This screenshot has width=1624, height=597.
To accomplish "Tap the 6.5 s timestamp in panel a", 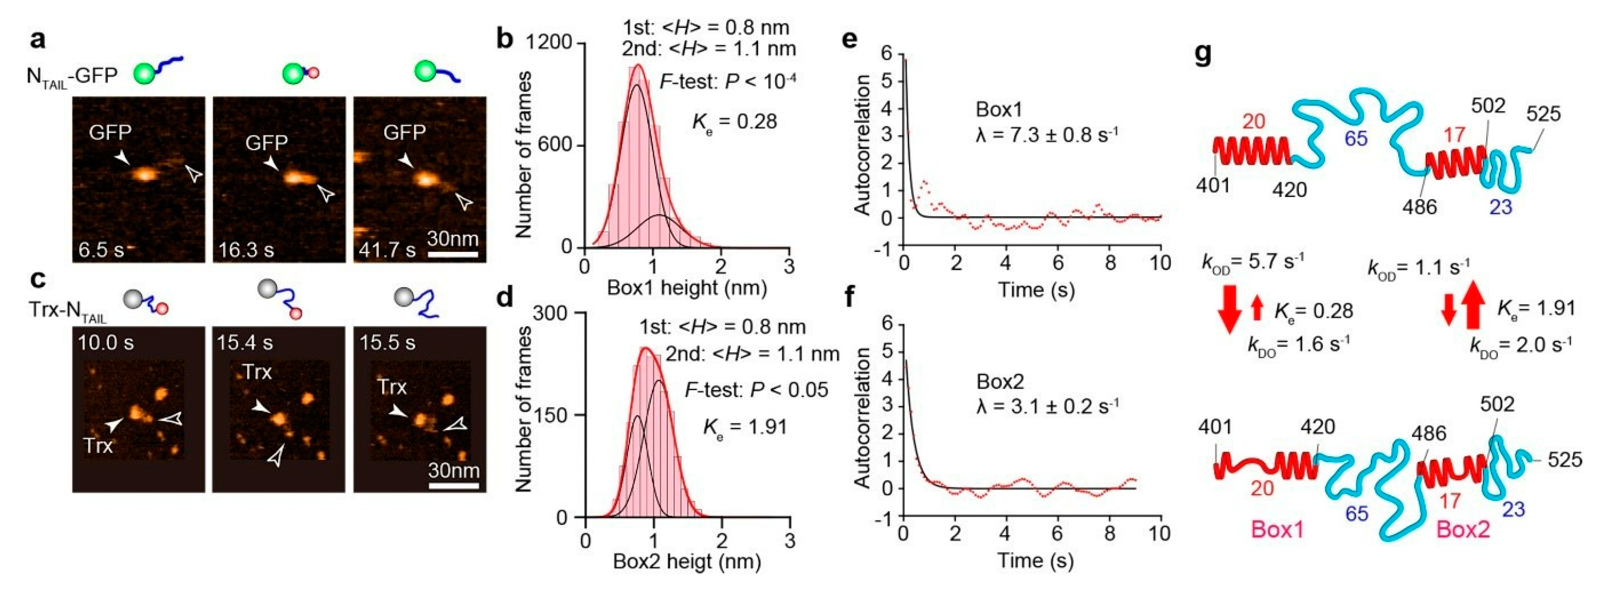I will pyautogui.click(x=101, y=250).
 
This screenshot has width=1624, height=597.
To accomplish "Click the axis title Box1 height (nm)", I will pyautogui.click(x=687, y=288).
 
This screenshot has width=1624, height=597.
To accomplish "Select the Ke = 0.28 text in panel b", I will pyautogui.click(x=735, y=121).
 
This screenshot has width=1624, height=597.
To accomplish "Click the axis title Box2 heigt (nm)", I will pyautogui.click(x=687, y=561).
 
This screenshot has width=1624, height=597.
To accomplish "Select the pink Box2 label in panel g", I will pyautogui.click(x=1463, y=530).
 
